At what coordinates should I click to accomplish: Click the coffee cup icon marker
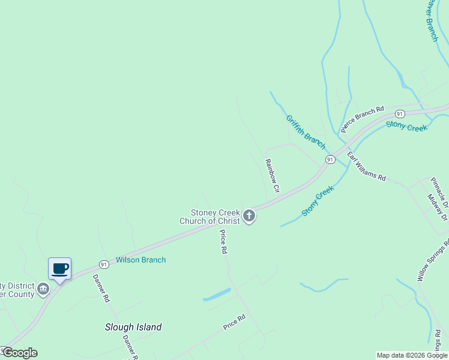coord(59,268)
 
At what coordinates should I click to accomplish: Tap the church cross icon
coord(249,216)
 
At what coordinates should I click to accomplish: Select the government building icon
coord(43,289)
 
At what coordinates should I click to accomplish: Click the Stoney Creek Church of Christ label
coord(215,217)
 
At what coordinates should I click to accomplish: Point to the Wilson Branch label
coord(140,260)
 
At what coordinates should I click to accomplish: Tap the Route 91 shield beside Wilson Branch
coord(104,264)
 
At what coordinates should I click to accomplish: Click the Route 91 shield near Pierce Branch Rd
coord(399,113)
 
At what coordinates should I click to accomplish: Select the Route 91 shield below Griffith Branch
coord(330,159)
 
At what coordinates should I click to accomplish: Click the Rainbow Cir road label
coord(273,175)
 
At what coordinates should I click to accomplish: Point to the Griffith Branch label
coord(306,132)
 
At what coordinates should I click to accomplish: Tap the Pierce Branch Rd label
coord(362,119)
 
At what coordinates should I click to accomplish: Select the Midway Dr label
coord(437,207)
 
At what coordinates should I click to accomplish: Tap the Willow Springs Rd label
coord(433,260)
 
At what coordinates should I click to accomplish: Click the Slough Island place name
coord(133,327)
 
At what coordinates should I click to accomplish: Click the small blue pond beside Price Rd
coord(217,295)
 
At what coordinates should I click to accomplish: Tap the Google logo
coord(20,353)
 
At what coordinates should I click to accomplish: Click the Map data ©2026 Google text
coord(412,355)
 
